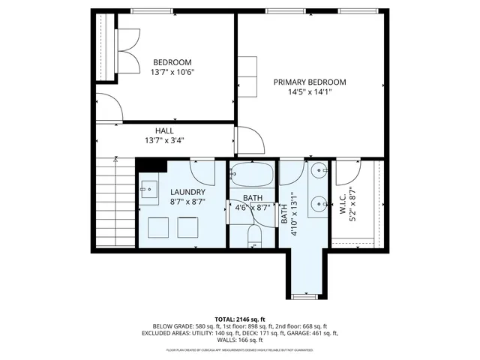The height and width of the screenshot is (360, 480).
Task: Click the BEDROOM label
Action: pos(172,62)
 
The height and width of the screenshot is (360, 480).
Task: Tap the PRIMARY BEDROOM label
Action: pos(309,82)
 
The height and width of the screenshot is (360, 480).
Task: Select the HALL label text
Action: pos(164,130)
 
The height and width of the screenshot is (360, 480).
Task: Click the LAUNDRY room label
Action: pos(187,192)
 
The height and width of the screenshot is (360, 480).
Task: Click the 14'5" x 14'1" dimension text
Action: pos(309,91)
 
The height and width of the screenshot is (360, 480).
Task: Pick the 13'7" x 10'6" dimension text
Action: pos(172,73)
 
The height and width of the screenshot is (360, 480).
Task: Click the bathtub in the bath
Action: pos(252,175)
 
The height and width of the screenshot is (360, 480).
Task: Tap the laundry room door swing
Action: pos(202,173)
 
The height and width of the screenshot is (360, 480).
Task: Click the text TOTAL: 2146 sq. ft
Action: pos(240,319)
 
